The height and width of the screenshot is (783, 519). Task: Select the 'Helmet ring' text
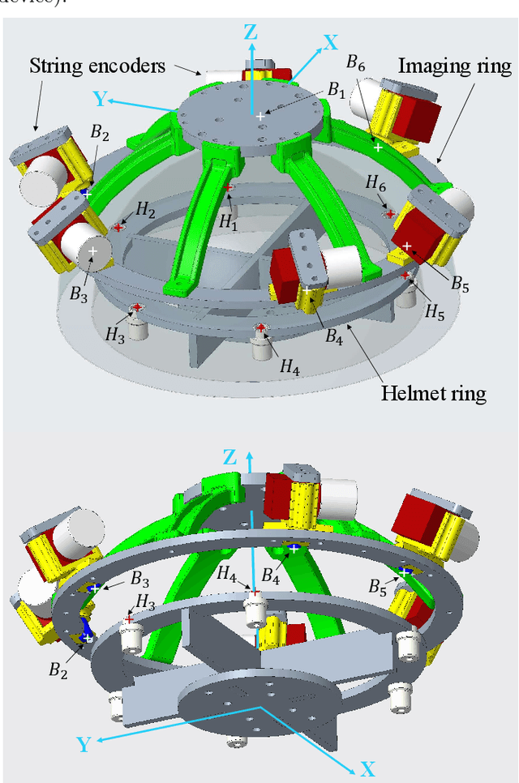coord(434,394)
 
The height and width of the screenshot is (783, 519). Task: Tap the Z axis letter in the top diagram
coord(251,32)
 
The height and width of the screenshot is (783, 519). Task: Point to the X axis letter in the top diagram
coord(331,42)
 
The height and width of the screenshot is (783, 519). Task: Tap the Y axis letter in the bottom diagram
coord(84,743)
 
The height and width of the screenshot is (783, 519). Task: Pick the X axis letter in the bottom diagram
coord(367,768)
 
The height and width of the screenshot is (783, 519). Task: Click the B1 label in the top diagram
coord(335,90)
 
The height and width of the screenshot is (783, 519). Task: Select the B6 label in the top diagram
coord(355,62)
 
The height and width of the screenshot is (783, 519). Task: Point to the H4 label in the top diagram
coord(290,367)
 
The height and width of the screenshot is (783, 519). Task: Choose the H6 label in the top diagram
coord(375,186)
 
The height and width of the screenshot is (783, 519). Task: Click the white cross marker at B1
coord(260,117)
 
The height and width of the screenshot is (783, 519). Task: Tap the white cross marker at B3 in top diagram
coord(92,252)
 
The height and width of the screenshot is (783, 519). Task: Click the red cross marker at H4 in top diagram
coord(260,327)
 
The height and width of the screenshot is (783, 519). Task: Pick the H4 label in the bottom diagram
coord(227,573)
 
